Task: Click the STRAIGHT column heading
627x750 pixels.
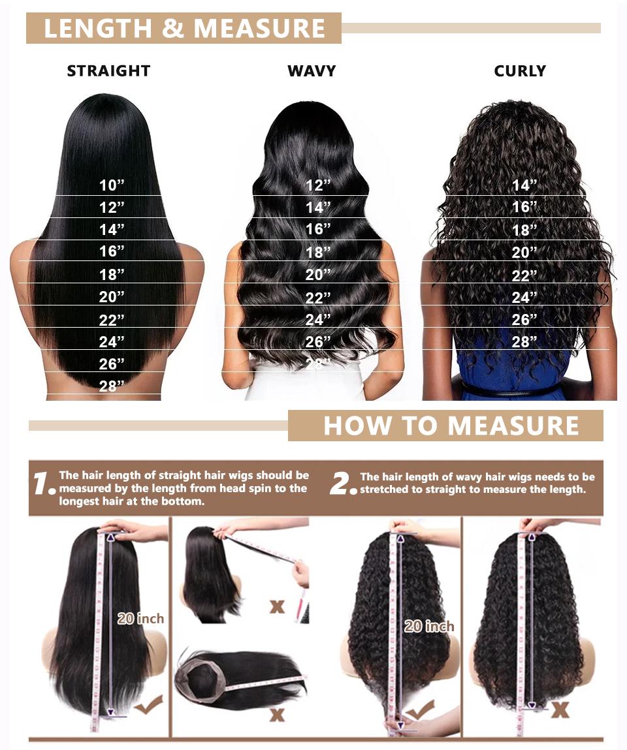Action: point(108,70)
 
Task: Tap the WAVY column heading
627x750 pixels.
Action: point(312,70)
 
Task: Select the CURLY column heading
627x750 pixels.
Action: point(520,70)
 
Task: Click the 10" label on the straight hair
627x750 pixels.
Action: point(112,185)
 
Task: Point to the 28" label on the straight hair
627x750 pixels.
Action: point(112,386)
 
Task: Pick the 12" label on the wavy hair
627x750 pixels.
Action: point(319,185)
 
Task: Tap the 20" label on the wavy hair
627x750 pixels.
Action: point(319,275)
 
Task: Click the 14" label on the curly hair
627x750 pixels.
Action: point(524,185)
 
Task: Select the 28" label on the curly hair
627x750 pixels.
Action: point(524,341)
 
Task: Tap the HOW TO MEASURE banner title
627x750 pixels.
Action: point(451,426)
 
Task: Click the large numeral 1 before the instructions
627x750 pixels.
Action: point(43,484)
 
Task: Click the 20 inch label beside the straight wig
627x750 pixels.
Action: point(140,618)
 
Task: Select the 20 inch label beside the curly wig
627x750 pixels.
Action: point(428,626)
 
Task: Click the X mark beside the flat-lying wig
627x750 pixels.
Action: point(277,714)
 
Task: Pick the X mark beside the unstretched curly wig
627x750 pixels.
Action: point(560,710)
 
